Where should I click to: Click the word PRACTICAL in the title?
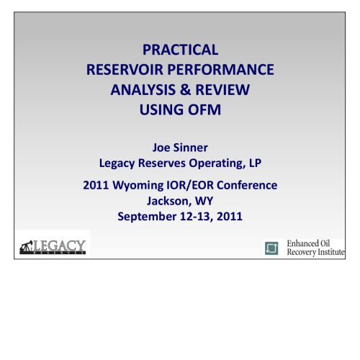[x=181, y=50]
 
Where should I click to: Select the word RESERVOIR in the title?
[x=125, y=70]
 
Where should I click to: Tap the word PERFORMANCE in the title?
[x=220, y=70]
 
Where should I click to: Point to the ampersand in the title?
[x=185, y=90]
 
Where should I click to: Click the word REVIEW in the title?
[x=222, y=90]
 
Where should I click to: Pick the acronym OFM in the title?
[x=204, y=109]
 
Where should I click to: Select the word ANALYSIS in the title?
[x=143, y=90]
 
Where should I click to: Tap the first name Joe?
[x=161, y=148]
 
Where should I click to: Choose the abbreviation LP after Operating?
[x=255, y=163]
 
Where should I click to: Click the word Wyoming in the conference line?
[x=138, y=185]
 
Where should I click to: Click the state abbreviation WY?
[x=204, y=201]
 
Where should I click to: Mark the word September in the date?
[x=147, y=217]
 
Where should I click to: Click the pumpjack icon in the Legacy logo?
[x=26, y=247]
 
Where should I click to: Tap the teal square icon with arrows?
[x=271, y=248]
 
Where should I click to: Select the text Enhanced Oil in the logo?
[x=308, y=243]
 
